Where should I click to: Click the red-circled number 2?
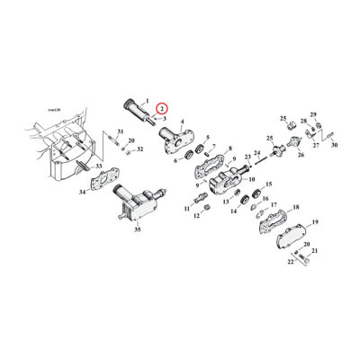tap(160, 109)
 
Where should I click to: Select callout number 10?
tap(238, 181)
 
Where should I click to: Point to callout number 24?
tap(256, 154)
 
